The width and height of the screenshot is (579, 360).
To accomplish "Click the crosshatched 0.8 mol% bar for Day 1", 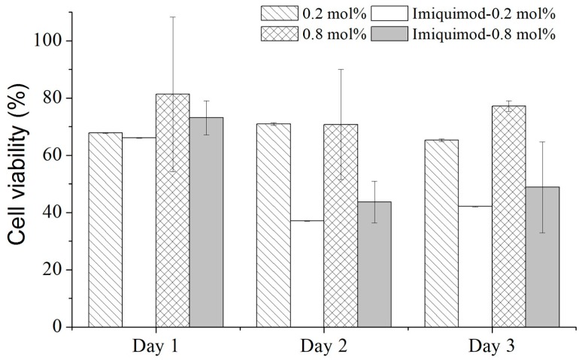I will [x=172, y=210].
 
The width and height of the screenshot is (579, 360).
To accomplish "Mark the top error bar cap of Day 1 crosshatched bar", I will [x=172, y=17].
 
